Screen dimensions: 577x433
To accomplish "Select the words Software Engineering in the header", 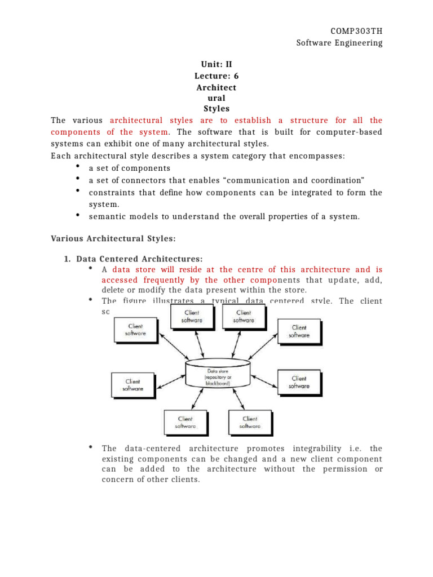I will (x=339, y=43).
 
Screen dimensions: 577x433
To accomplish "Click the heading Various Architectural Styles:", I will (x=113, y=239).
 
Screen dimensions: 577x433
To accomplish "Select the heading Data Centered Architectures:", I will (x=139, y=259).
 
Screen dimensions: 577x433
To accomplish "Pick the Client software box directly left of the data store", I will (x=134, y=385).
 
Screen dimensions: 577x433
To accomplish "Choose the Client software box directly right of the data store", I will (x=299, y=382).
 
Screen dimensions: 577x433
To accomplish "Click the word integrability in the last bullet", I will (x=319, y=449).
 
